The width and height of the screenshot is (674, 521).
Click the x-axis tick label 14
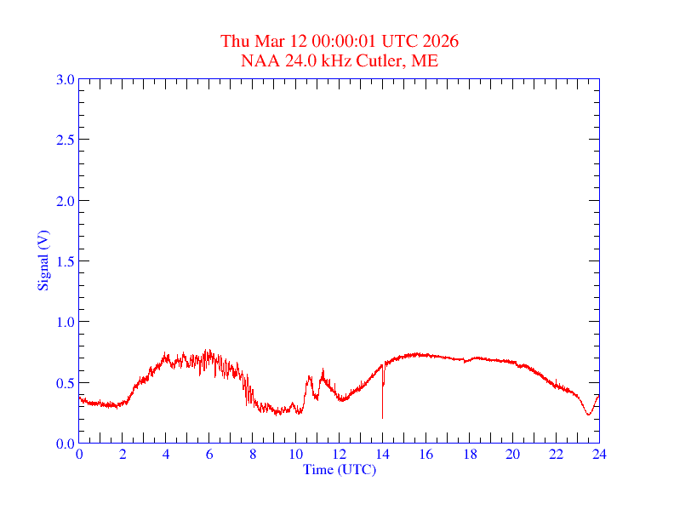click(x=382, y=454)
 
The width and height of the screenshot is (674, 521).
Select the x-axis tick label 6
click(x=209, y=454)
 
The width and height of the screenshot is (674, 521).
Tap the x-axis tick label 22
click(x=556, y=454)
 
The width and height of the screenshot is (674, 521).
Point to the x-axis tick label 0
click(x=79, y=454)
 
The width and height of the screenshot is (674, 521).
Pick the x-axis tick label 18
click(x=469, y=454)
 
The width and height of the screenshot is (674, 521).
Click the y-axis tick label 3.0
click(x=65, y=79)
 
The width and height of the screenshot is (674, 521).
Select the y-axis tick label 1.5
click(x=65, y=261)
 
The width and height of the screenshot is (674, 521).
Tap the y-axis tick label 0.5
click(x=65, y=383)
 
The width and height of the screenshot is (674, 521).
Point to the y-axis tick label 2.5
click(x=65, y=140)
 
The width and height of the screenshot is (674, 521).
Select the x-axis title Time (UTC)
click(x=340, y=469)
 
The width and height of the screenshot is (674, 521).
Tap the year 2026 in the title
click(x=440, y=41)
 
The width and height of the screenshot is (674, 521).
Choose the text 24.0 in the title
click(x=294, y=60)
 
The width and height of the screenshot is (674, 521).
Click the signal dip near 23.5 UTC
click(x=588, y=414)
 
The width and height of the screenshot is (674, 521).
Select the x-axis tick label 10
click(x=295, y=454)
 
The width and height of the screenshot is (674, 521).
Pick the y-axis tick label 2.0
click(x=65, y=201)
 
